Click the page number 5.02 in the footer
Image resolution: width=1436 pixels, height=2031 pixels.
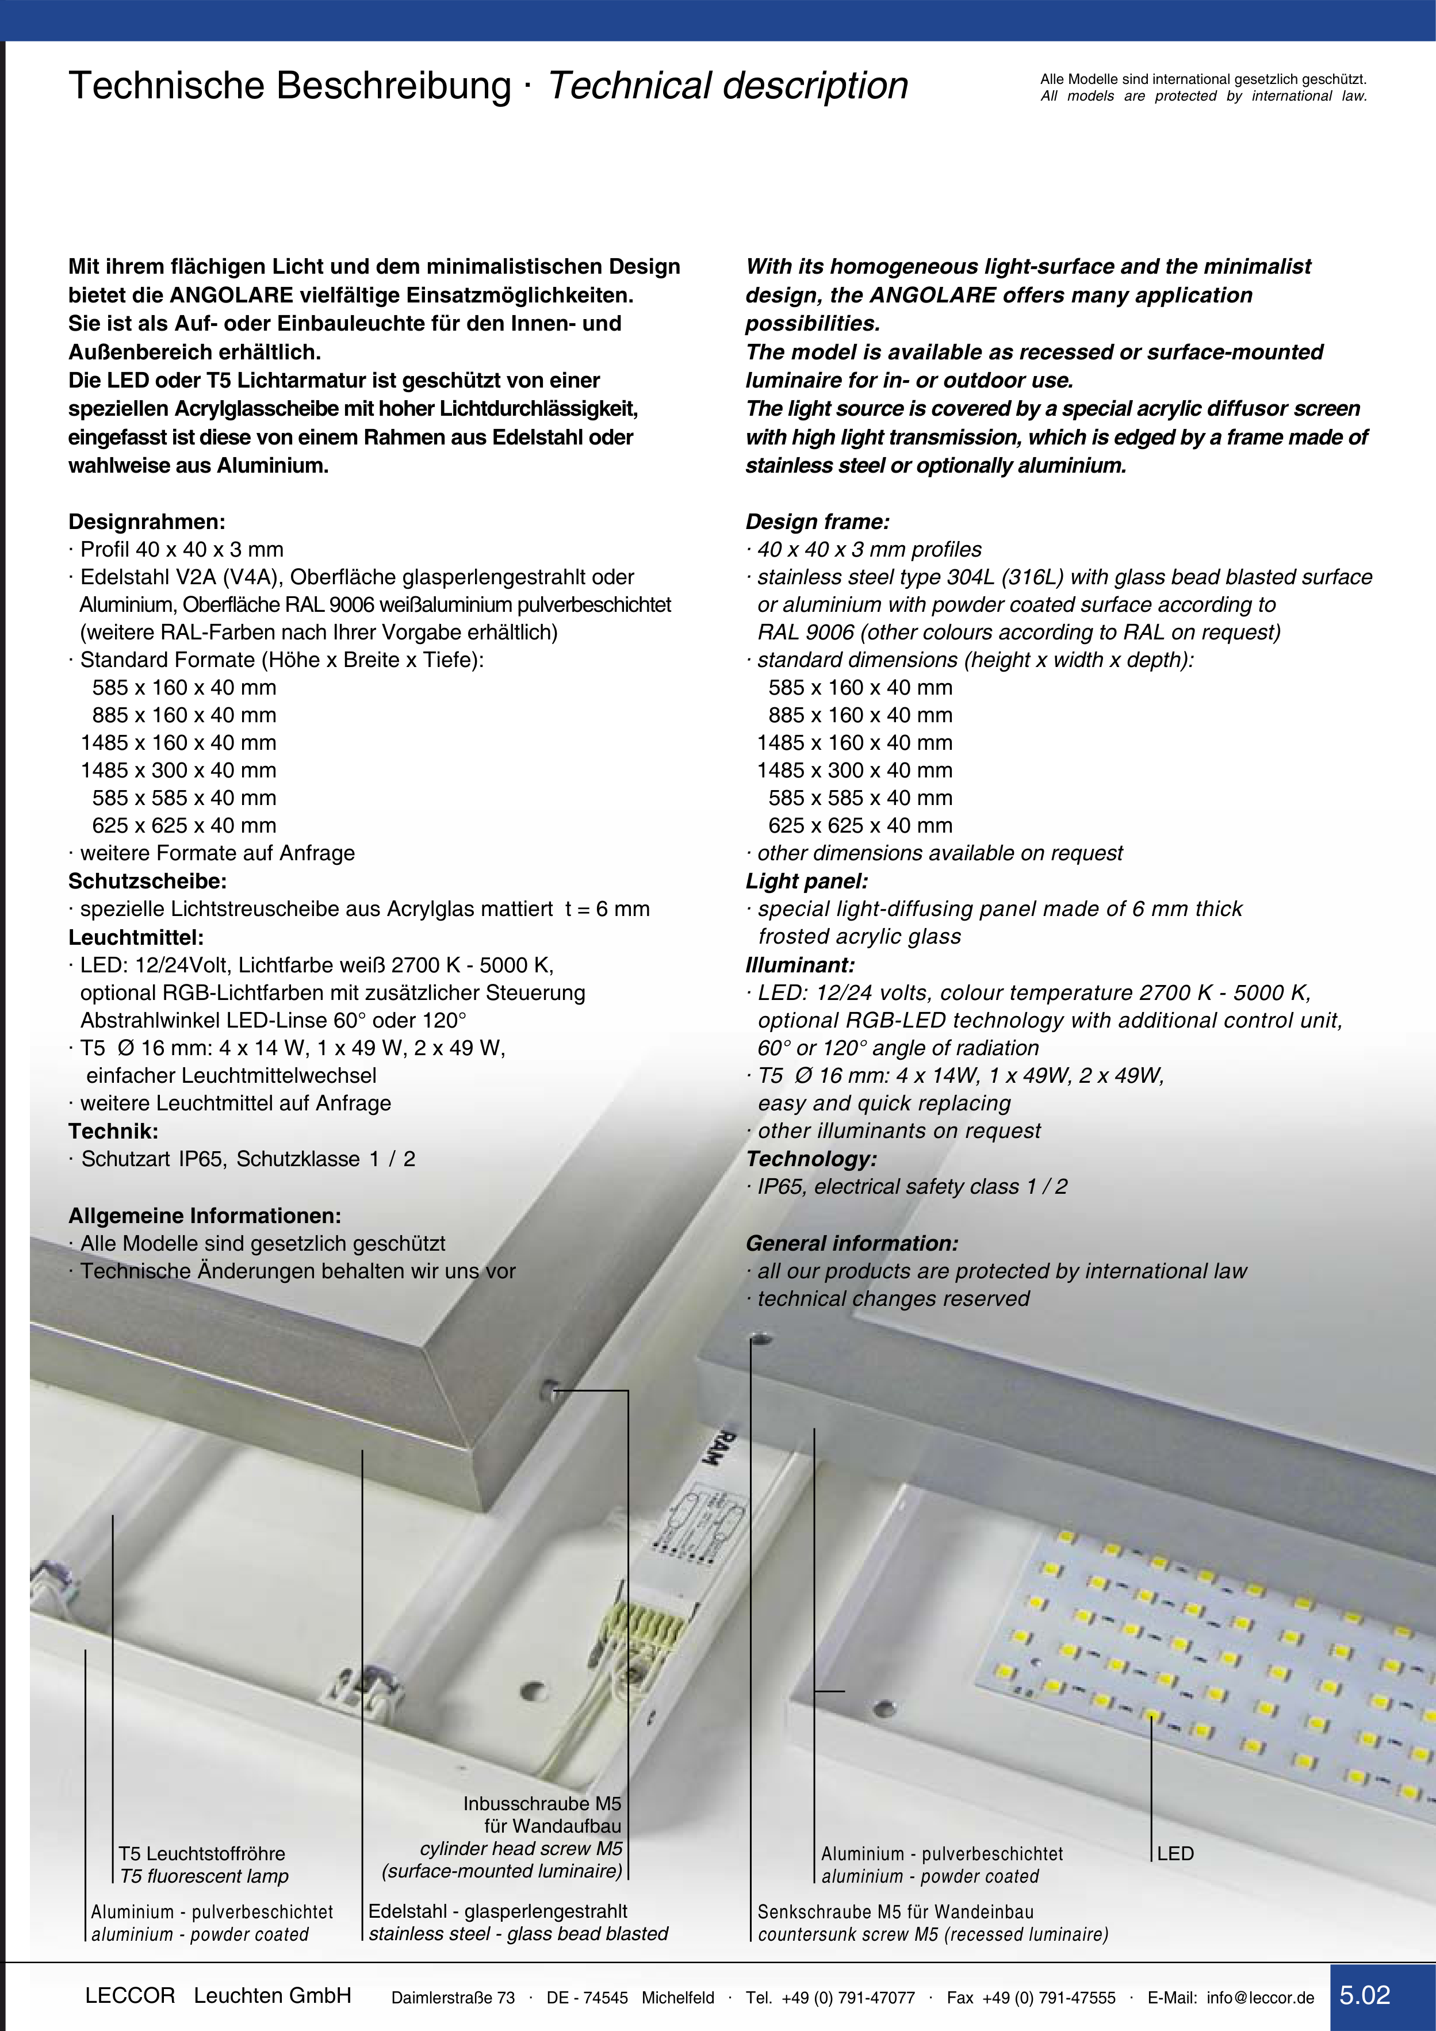(x=1365, y=1995)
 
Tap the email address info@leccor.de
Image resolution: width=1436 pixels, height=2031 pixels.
(x=1260, y=1998)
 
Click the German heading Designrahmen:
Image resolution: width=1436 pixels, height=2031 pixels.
(x=147, y=522)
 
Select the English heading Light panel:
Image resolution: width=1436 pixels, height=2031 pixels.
(x=807, y=881)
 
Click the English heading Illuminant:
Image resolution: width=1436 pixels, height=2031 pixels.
(x=800, y=965)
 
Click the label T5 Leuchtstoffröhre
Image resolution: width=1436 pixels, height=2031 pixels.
(x=202, y=1853)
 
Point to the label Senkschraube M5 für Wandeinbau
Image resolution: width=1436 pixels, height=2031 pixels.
(x=895, y=1911)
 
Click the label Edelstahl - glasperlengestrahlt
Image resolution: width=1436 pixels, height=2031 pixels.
(x=498, y=1911)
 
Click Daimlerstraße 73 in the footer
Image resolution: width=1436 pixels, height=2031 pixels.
(x=453, y=1998)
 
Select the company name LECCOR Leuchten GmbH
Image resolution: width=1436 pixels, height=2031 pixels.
(x=217, y=1995)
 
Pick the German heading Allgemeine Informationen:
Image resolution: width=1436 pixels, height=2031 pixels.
(x=204, y=1216)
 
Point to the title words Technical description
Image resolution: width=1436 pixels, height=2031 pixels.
(x=728, y=86)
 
